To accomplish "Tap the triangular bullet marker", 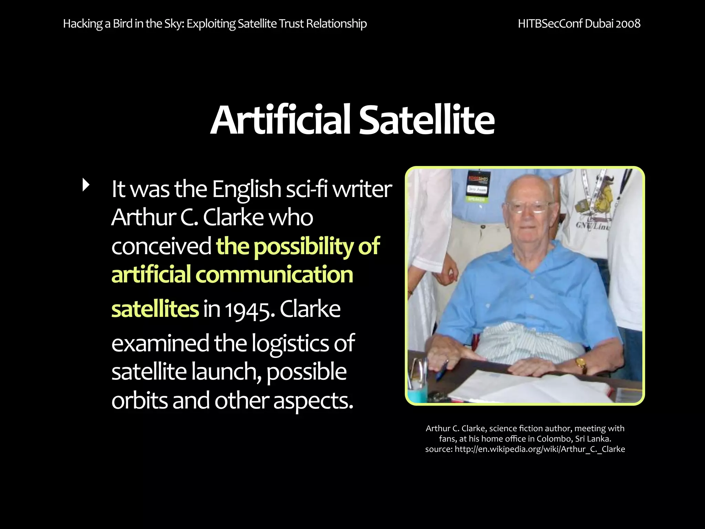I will tap(86, 185).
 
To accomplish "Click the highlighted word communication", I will tap(274, 275).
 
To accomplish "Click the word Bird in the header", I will tap(123, 24).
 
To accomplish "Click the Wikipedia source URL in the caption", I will tap(539, 449).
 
